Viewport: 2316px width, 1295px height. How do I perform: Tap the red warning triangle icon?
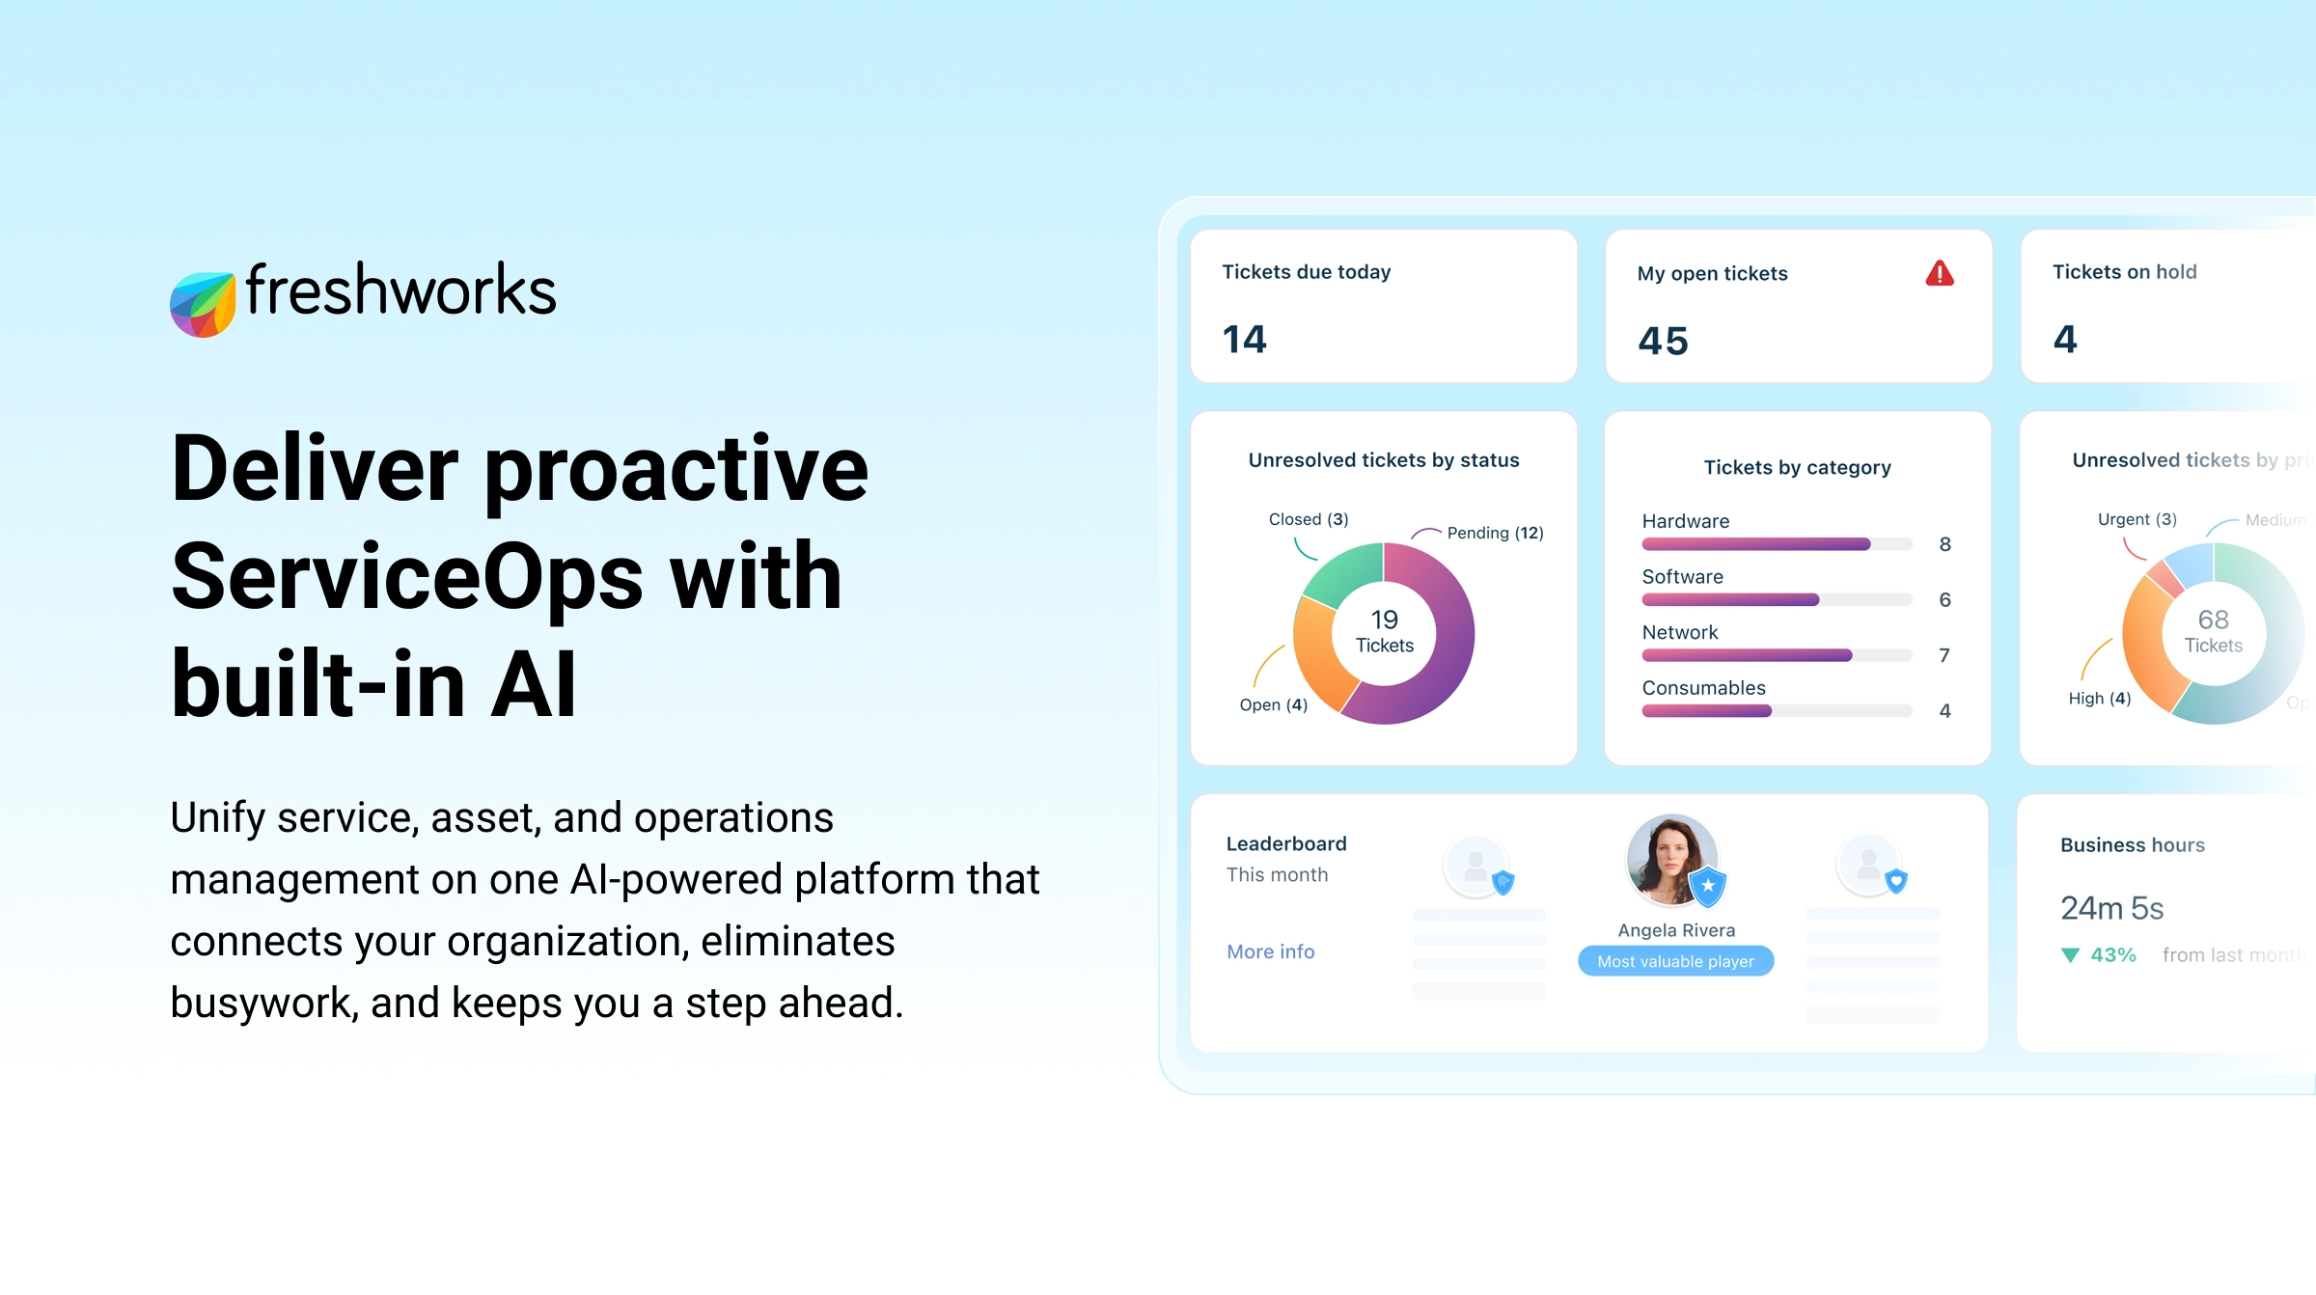coord(1939,274)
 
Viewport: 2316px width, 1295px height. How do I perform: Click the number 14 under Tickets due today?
coord(1244,339)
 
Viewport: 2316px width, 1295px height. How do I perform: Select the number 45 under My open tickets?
coord(1663,341)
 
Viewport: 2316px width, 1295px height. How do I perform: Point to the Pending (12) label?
coord(1495,533)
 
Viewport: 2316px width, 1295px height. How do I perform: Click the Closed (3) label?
coord(1308,519)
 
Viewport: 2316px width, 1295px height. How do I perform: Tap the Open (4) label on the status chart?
coord(1273,704)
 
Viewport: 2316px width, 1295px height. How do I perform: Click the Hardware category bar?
coord(1756,544)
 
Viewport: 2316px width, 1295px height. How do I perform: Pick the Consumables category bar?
coord(1707,711)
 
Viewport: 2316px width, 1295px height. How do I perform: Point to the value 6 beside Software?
coord(1944,599)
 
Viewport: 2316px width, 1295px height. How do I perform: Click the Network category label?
coord(1679,632)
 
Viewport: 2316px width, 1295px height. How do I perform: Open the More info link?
coord(1270,951)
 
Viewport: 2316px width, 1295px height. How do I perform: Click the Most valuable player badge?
coord(1675,961)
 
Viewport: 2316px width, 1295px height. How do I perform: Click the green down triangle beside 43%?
coord(2070,955)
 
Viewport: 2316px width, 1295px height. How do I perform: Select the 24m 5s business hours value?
coord(2111,908)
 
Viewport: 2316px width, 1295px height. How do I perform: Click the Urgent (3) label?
coord(2137,519)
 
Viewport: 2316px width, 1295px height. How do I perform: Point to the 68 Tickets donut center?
coord(2213,632)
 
